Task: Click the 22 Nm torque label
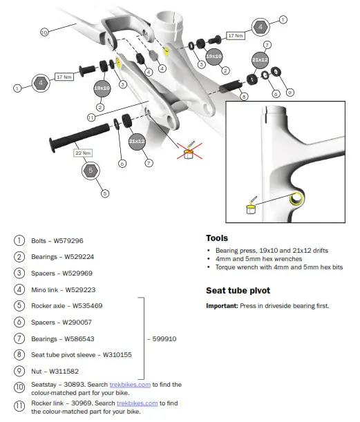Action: point(83,153)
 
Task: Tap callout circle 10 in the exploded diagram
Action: point(44,32)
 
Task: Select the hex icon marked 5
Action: point(91,171)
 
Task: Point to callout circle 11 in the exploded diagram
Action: point(91,117)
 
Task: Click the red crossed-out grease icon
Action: point(189,151)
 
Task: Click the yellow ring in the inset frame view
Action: point(296,199)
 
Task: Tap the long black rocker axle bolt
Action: point(79,137)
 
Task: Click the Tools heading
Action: point(217,238)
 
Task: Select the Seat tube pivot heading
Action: point(238,291)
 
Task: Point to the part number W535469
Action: point(88,306)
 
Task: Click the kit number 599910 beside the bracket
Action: point(164,339)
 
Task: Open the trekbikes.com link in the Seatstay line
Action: point(130,385)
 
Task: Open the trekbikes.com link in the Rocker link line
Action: point(137,403)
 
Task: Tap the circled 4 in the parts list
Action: point(19,289)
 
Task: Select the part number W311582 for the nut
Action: point(64,372)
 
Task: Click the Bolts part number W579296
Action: point(68,240)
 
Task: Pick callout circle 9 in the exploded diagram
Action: point(290,93)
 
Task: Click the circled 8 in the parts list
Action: point(19,354)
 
